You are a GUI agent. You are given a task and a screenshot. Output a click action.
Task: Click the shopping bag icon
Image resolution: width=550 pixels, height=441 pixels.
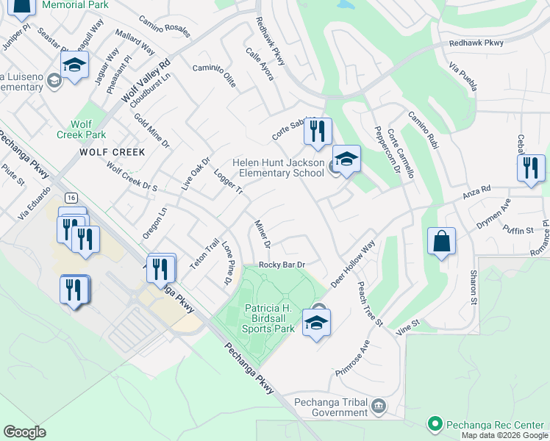click(x=440, y=242)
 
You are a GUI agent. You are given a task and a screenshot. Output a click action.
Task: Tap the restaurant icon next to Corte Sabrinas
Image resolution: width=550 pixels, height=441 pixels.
click(x=318, y=132)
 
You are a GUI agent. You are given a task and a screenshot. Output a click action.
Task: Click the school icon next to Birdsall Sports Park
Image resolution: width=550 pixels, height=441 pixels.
click(x=316, y=323)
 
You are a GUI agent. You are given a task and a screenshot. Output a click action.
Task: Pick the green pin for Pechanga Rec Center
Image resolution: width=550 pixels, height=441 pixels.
click(x=435, y=424)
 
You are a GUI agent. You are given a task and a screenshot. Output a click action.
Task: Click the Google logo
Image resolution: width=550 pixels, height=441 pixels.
click(x=25, y=431)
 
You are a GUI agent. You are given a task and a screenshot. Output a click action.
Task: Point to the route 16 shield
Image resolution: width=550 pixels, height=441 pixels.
click(x=71, y=198)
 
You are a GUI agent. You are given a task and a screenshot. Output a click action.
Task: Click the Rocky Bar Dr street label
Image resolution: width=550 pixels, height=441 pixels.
click(x=282, y=265)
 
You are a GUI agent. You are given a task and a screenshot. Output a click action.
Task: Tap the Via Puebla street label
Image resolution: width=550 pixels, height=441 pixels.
click(x=462, y=76)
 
